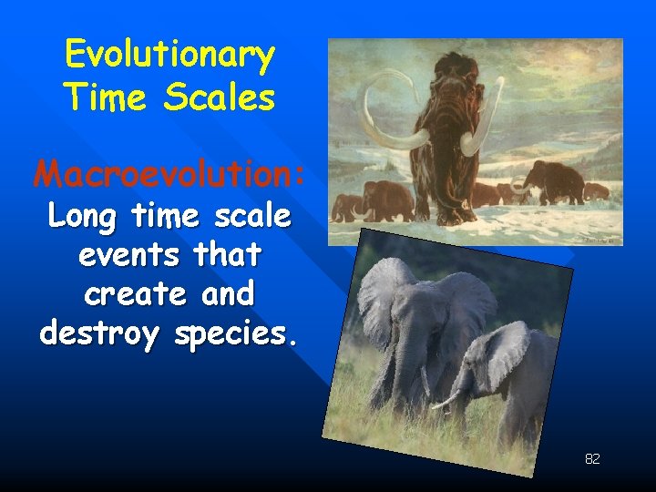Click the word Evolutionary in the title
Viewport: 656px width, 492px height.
tap(169, 56)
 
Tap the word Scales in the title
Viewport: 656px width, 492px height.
tap(221, 97)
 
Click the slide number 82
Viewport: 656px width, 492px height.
tap(592, 459)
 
